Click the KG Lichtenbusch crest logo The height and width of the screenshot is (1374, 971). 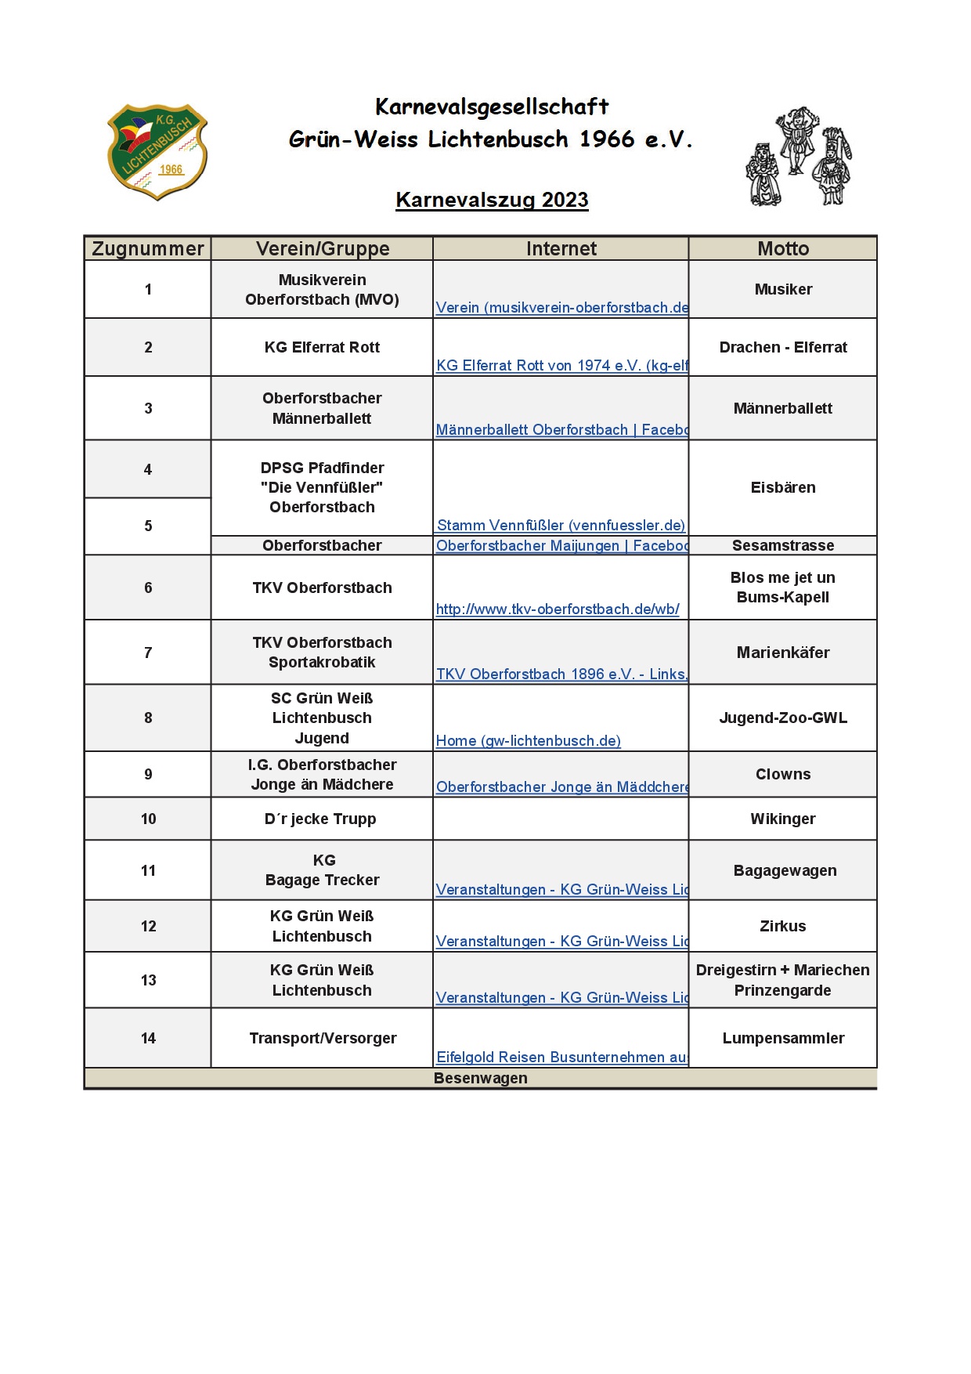click(x=157, y=151)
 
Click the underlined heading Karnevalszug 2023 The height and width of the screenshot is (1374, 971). click(x=492, y=200)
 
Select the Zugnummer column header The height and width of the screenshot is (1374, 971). click(x=148, y=248)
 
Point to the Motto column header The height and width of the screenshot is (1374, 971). click(x=783, y=248)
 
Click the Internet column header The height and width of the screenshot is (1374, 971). click(x=561, y=248)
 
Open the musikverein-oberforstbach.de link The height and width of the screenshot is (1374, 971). click(x=561, y=307)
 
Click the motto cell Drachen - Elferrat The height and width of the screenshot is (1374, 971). click(x=783, y=347)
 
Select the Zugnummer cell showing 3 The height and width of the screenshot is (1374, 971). click(x=148, y=408)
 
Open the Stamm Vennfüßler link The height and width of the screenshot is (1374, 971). click(x=561, y=525)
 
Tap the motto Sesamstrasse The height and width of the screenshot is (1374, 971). click(x=783, y=545)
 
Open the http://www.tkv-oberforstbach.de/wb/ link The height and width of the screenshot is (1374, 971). click(x=558, y=609)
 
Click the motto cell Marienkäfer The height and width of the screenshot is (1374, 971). click(x=783, y=653)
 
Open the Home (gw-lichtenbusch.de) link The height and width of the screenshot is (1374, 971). click(x=529, y=740)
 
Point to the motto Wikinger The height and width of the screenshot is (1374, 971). click(x=783, y=819)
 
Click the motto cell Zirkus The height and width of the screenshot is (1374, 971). click(x=783, y=926)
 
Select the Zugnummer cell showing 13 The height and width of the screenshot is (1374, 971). click(x=148, y=980)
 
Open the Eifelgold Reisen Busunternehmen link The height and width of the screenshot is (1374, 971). click(x=561, y=1057)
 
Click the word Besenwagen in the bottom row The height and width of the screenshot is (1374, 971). click(x=480, y=1078)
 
